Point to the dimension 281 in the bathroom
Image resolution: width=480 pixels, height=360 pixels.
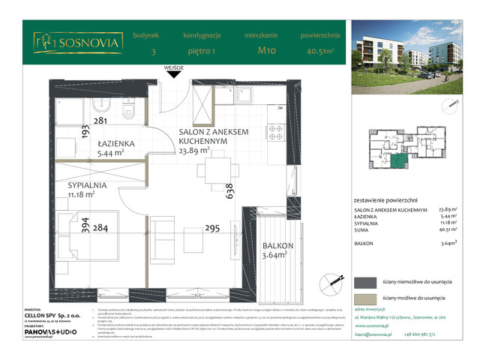click(102, 121)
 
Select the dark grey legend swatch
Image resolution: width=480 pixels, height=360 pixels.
click(365, 281)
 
